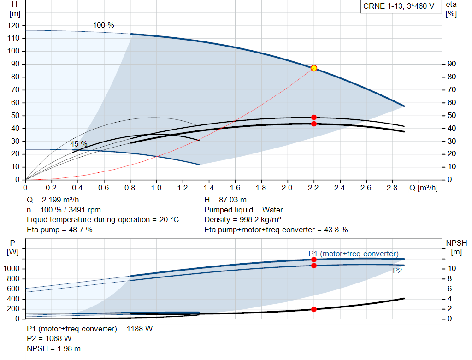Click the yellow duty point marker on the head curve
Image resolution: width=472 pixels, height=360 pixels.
[314, 68]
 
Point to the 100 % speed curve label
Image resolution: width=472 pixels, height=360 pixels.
[104, 25]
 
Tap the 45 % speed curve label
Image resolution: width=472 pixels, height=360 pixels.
[78, 144]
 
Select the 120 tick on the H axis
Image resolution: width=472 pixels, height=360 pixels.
[15, 25]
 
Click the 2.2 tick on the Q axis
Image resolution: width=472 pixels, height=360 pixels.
[314, 188]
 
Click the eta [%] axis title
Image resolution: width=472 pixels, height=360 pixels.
[451, 9]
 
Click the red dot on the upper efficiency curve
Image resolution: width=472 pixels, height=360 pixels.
[314, 118]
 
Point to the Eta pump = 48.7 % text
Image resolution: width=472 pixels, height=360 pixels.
[59, 230]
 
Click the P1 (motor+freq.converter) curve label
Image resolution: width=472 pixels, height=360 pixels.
[354, 254]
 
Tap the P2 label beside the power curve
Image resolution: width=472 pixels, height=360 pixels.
[397, 271]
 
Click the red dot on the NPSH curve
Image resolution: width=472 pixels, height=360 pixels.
[314, 309]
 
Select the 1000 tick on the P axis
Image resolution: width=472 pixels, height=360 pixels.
[13, 269]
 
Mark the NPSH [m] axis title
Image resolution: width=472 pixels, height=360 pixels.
[456, 247]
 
